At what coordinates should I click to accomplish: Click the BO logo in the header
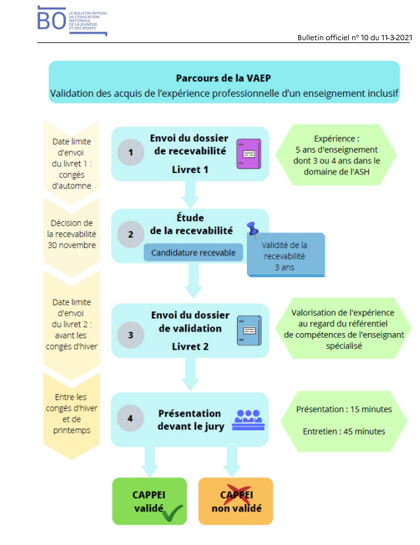coord(72,20)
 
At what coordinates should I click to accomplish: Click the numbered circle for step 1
coord(131,152)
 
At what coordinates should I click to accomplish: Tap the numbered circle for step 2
coord(131,234)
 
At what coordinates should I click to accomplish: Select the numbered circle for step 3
coord(131,335)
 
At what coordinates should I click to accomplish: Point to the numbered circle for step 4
coord(130,418)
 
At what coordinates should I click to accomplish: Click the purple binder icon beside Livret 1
coord(249,154)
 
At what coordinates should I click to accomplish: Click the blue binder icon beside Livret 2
coord(249,330)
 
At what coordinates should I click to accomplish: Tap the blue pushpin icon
coord(253,229)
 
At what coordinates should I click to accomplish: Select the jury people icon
coord(248,420)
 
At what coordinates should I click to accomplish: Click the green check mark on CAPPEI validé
coord(172,513)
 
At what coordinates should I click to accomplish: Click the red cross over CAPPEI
coord(238,494)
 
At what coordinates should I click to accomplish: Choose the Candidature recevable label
coord(194,252)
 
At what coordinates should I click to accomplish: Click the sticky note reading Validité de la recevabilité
coord(286,255)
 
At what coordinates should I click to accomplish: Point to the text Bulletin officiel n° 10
coord(332,38)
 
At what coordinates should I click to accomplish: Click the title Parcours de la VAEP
coord(223,78)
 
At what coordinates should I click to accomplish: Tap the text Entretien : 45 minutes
coord(344,431)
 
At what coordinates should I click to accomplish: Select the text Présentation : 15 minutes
coord(344,409)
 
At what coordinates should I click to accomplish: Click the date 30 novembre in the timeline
coord(72,245)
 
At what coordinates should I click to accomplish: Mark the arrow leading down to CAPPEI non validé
coord(232,462)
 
